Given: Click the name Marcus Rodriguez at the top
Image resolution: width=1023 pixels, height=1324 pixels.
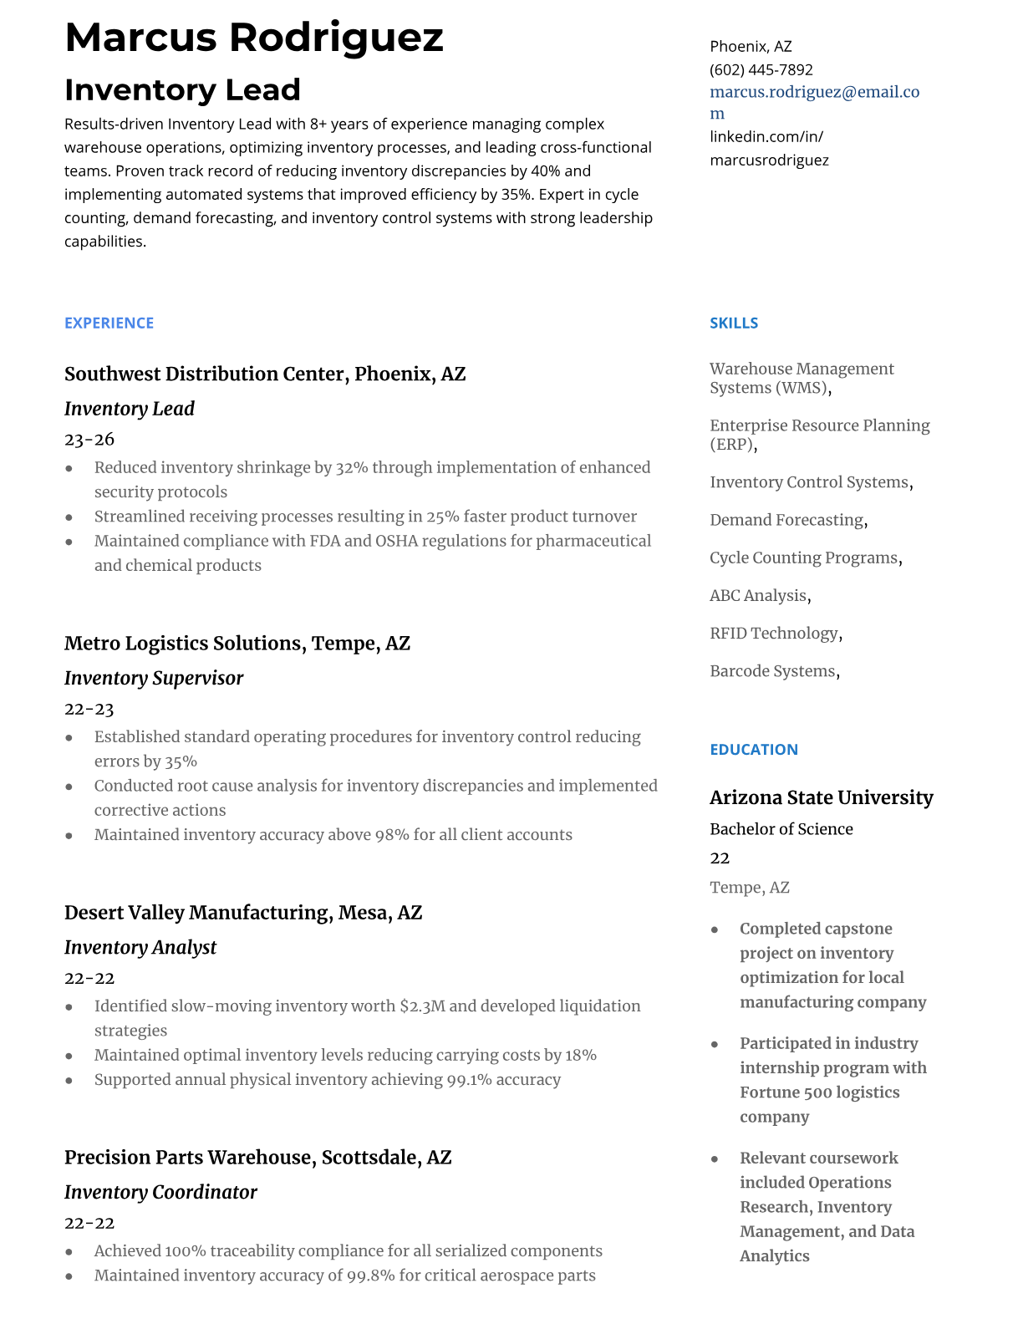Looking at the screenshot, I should point(253,38).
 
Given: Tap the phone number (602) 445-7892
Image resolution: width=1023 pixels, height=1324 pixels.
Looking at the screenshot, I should point(761,69).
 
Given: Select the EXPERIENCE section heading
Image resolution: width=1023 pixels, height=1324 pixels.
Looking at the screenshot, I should point(109,323).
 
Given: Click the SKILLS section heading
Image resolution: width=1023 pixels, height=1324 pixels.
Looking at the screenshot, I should point(733,323).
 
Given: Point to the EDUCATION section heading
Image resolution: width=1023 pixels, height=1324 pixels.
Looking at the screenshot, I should point(753,749).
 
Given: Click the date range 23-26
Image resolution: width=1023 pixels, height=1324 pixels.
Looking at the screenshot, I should point(89,439).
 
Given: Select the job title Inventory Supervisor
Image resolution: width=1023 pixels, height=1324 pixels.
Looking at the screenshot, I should point(154,678).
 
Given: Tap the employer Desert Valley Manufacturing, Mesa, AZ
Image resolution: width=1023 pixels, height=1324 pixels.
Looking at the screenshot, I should point(242,912).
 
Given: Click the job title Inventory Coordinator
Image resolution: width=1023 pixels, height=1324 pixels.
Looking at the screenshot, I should point(160,1192).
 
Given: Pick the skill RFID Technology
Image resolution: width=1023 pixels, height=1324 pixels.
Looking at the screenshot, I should point(773,633).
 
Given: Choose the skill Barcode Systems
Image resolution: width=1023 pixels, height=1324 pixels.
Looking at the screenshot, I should point(772,670).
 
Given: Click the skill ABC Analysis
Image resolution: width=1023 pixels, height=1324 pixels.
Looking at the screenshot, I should point(758,595).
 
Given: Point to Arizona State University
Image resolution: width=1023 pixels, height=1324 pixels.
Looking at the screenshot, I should point(821,797).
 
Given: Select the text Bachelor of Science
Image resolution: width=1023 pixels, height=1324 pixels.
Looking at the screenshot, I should point(781,828).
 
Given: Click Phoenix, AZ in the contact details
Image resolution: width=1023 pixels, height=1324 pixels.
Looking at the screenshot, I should point(751,46).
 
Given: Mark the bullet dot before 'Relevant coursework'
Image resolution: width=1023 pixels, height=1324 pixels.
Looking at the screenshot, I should point(715,1159).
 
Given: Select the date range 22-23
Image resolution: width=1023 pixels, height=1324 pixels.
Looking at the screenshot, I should point(89,709).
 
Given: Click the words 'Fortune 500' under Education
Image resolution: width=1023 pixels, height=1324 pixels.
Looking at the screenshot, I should point(782,1092).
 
